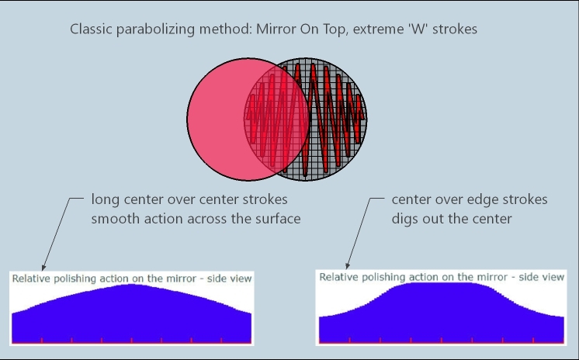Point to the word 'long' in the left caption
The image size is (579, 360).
click(106, 199)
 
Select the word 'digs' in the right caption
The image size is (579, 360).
click(404, 219)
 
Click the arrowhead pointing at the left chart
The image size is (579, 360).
click(43, 268)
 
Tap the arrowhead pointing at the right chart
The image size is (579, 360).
click(348, 266)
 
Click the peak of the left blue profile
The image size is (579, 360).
click(131, 284)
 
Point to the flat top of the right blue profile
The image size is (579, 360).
click(442, 283)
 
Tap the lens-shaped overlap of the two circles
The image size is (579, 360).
click(276, 119)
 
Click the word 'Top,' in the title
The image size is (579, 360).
click(335, 29)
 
